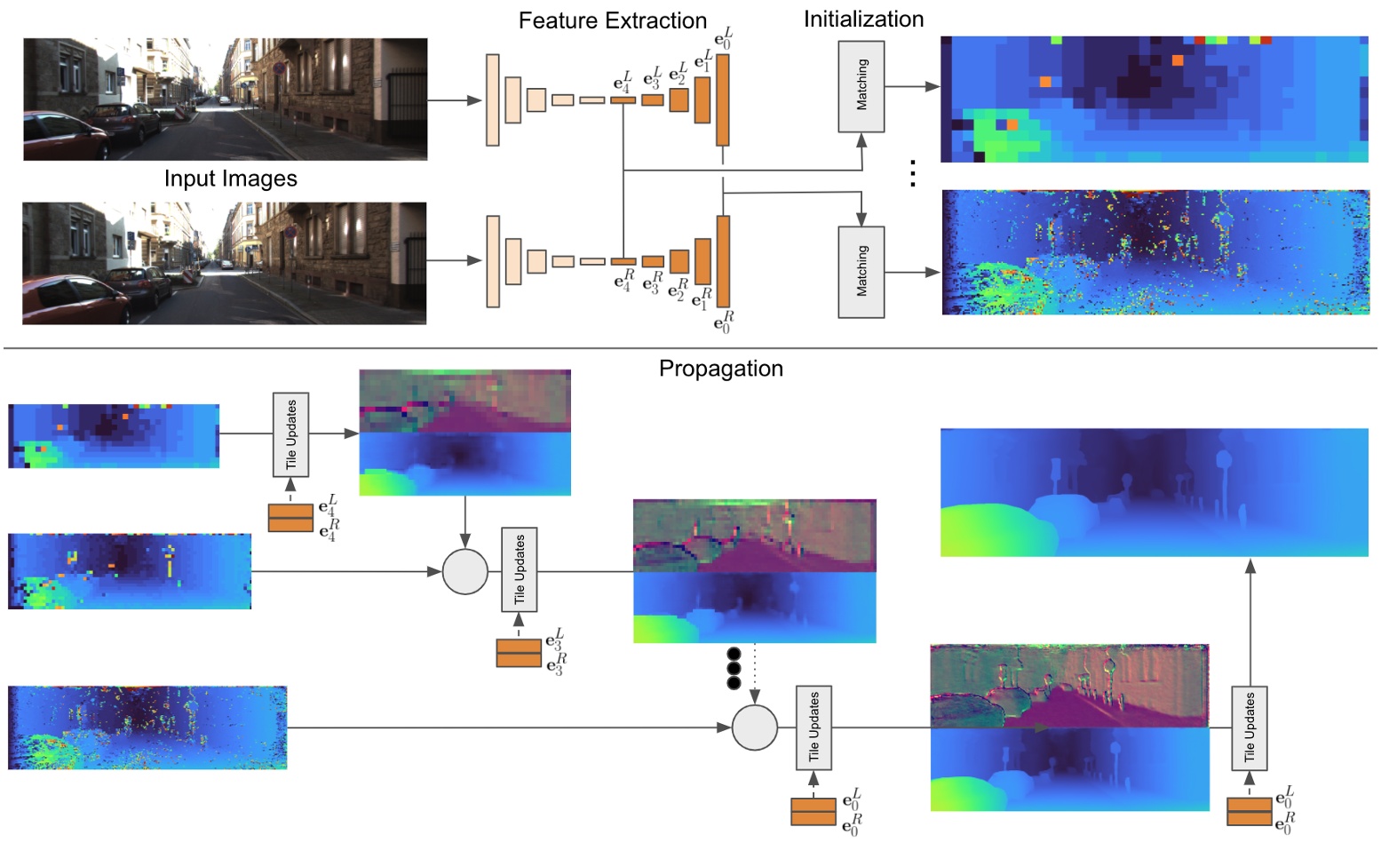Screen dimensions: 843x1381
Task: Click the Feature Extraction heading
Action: (612, 20)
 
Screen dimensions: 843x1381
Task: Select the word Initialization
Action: (863, 19)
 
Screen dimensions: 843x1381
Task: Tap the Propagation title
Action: (720, 369)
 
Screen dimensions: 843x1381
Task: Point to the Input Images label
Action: (230, 179)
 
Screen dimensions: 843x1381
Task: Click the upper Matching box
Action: (861, 85)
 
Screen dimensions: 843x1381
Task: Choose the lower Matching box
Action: (861, 272)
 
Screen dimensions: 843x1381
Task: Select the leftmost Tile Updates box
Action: (290, 434)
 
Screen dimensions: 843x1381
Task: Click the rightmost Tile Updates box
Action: (1249, 728)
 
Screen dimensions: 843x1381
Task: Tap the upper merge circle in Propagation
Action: (464, 571)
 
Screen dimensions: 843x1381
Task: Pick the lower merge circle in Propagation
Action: (754, 728)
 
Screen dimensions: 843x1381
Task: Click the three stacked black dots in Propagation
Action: (734, 669)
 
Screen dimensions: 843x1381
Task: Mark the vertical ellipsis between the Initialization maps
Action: (912, 173)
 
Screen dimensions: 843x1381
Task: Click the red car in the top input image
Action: (62, 138)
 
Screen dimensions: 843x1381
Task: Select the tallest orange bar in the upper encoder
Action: (722, 99)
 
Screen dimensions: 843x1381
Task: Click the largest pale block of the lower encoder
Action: (493, 261)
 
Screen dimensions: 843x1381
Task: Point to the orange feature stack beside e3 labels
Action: (519, 653)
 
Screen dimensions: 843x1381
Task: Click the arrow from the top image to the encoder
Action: (454, 100)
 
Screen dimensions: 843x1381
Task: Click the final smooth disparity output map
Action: (1154, 492)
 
